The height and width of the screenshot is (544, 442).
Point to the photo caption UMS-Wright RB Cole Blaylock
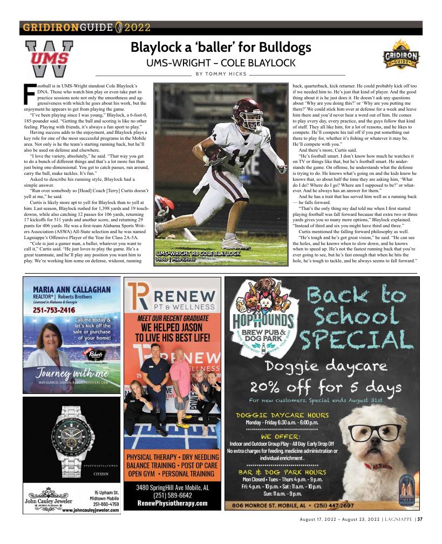(198, 253)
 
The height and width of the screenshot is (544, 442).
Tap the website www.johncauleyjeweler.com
(91, 510)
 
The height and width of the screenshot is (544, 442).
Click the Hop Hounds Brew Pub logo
(262, 318)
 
